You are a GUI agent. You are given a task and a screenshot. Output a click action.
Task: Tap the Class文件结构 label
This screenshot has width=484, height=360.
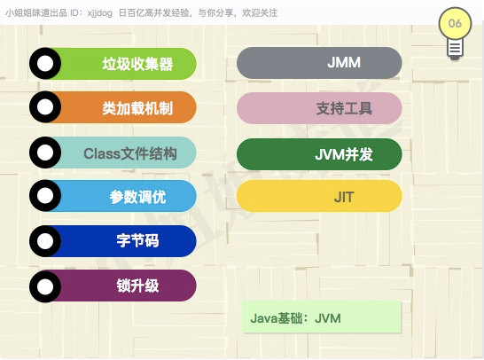[x=130, y=153]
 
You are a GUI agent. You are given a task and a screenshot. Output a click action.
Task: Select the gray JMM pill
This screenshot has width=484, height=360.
[x=319, y=63]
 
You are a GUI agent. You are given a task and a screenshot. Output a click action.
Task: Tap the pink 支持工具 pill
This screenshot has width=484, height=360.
[x=319, y=108]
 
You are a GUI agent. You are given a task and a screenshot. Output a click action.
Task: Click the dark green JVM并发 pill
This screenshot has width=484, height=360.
[x=319, y=154]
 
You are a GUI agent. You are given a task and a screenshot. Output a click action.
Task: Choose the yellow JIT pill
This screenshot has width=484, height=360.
[x=319, y=196]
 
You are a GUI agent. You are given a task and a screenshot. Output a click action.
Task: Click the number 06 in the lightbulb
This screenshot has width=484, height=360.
[x=455, y=23]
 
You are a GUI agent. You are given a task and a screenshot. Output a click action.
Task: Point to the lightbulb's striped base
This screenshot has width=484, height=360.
[x=455, y=49]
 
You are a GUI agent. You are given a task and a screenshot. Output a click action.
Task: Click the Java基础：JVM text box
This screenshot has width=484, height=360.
[x=321, y=317]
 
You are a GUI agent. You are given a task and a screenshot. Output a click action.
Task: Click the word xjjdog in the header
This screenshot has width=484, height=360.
[x=99, y=13]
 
